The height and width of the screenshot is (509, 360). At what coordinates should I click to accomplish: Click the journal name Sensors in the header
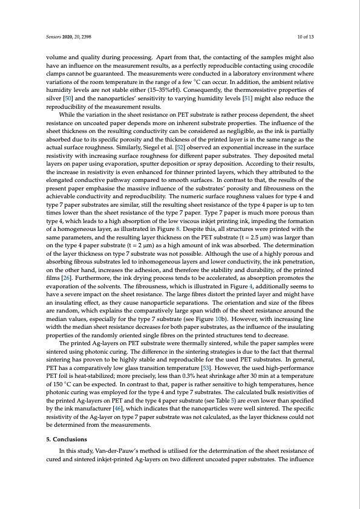(x=54, y=37)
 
